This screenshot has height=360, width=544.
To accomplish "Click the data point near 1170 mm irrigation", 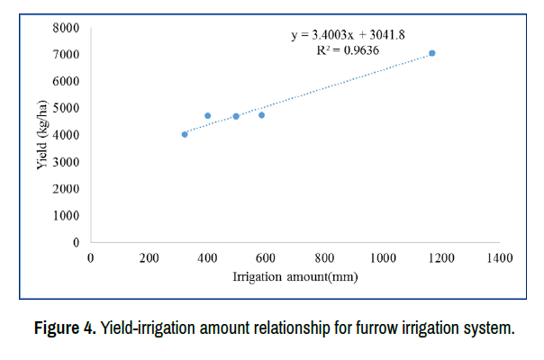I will pyautogui.click(x=432, y=53).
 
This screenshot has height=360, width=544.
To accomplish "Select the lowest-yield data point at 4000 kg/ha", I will pyautogui.click(x=185, y=134).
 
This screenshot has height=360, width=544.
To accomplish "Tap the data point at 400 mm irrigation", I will pyautogui.click(x=207, y=115).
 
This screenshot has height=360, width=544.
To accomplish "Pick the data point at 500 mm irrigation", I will pyautogui.click(x=236, y=116).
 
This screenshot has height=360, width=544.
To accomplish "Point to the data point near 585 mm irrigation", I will pyautogui.click(x=261, y=115).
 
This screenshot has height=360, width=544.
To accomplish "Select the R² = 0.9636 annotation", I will pyautogui.click(x=348, y=51).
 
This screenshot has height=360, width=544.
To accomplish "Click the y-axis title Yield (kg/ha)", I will pyautogui.click(x=42, y=135).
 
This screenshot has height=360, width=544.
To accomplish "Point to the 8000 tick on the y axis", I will pyautogui.click(x=66, y=28).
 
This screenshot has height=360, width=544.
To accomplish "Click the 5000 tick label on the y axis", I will pyautogui.click(x=66, y=108).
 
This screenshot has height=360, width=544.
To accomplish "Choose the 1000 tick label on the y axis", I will pyautogui.click(x=66, y=216).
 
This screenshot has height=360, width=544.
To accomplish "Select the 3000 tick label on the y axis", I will pyautogui.click(x=66, y=162).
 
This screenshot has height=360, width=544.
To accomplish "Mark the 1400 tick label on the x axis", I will pyautogui.click(x=499, y=258).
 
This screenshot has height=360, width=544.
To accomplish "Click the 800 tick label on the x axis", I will pyautogui.click(x=324, y=258).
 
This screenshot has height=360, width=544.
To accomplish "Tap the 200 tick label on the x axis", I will pyautogui.click(x=149, y=258).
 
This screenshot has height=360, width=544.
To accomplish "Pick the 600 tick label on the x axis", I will pyautogui.click(x=266, y=258).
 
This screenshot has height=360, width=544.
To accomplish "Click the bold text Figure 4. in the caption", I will pyautogui.click(x=65, y=328).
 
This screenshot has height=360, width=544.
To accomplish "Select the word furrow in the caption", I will pyautogui.click(x=354, y=328).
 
